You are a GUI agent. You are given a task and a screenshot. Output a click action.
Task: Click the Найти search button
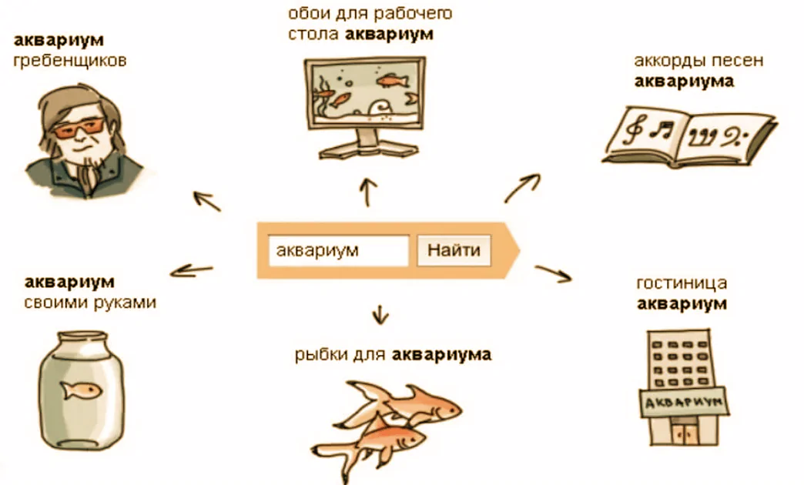[454, 250]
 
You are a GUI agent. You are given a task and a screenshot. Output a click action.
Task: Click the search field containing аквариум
[338, 250]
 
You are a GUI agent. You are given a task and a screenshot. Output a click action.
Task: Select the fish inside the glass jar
[81, 390]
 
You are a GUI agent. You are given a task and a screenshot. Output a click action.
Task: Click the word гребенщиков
[70, 61]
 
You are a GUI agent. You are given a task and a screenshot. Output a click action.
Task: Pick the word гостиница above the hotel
[682, 283]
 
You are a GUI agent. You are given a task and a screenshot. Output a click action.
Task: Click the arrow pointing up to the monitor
[367, 192]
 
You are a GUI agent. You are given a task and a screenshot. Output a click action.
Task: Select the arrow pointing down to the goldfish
[380, 314]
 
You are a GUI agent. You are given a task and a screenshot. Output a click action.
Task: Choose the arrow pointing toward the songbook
[522, 188]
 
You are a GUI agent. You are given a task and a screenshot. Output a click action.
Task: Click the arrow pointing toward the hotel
[553, 274]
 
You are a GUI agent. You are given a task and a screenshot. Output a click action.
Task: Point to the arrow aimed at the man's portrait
[206, 201]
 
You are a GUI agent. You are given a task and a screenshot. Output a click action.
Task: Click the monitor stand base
[368, 149]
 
